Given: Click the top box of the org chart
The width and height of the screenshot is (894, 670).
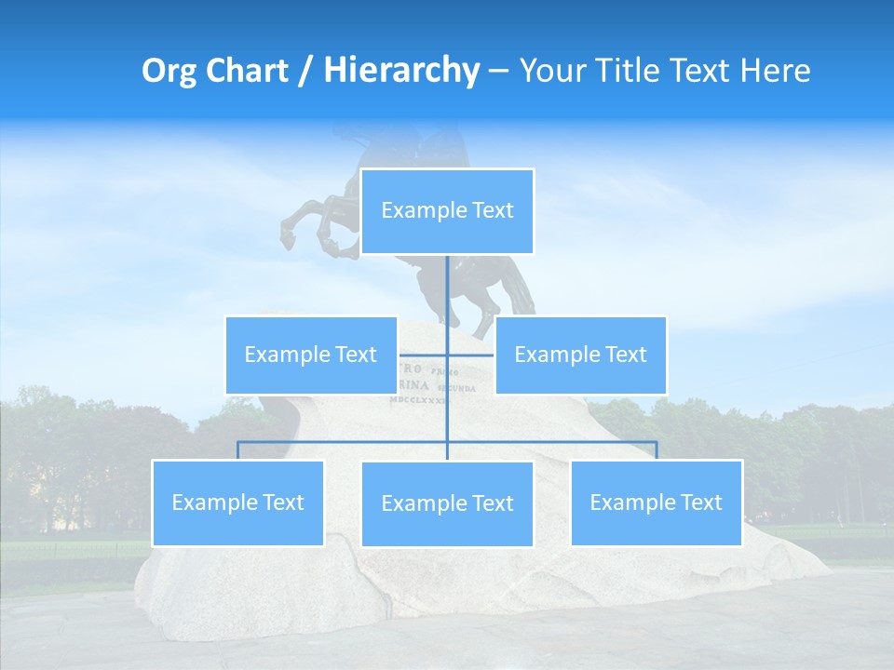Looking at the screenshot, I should coord(447,211).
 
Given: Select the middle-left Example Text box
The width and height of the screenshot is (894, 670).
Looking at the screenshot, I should coord(310,355).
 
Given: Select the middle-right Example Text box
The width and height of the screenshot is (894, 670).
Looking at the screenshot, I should coord(580,355).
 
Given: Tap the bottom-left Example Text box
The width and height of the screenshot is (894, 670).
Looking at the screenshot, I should coord(237,502).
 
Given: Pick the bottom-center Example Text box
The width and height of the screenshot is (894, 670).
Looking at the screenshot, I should coord(447,503).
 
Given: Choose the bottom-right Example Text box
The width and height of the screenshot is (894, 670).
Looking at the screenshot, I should coord(656,502).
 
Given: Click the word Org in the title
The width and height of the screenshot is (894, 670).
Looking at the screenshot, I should coord(169,71).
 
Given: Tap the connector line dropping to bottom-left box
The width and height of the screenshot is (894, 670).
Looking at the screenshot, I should coord(237,450).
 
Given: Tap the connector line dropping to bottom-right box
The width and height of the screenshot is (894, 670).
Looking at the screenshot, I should coord(656,450).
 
